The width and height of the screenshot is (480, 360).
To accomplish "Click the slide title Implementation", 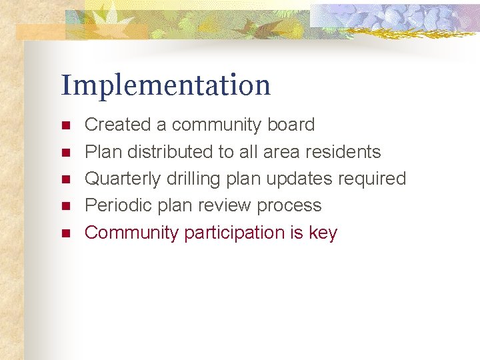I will click(x=166, y=86).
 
